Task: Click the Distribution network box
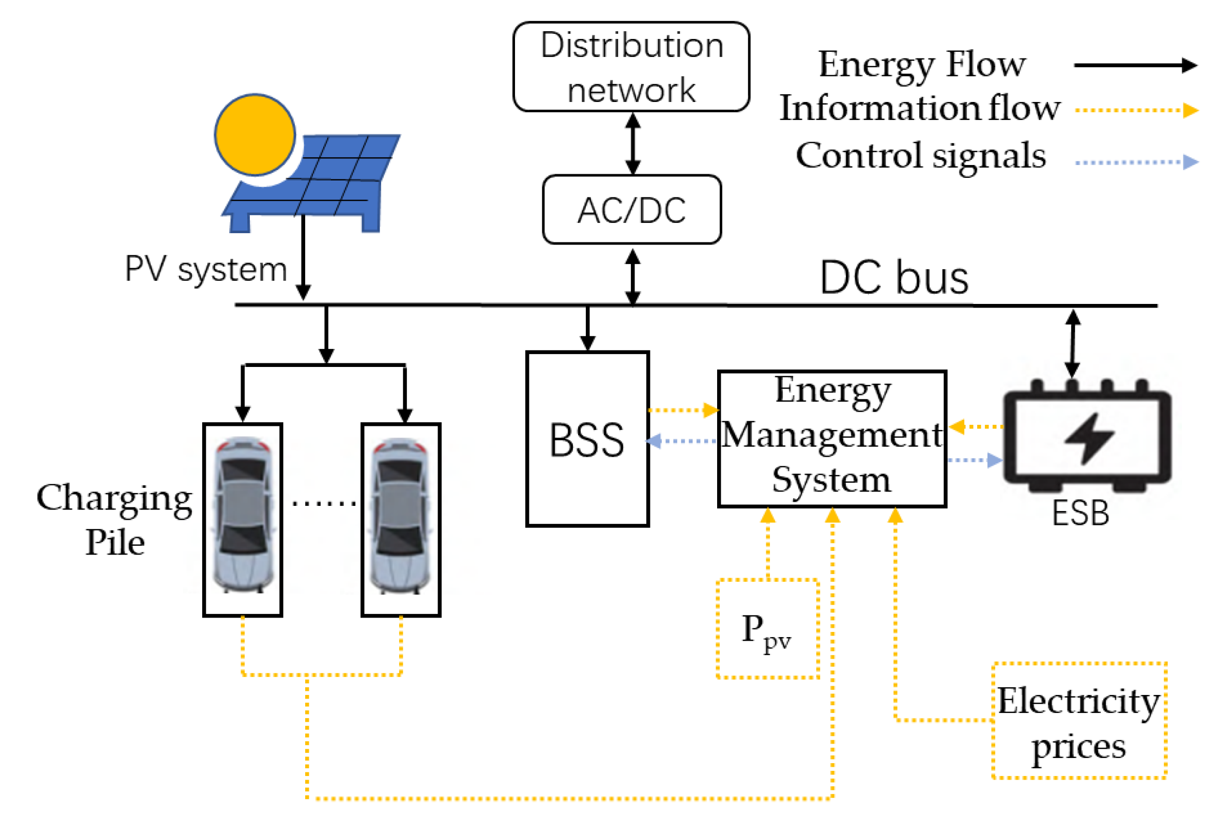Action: click(x=631, y=67)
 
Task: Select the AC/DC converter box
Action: click(x=631, y=210)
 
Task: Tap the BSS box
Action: click(x=587, y=439)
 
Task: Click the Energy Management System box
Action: click(x=832, y=439)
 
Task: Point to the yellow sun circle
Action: click(x=255, y=135)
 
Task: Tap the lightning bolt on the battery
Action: click(x=1089, y=438)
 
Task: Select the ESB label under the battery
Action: click(x=1080, y=513)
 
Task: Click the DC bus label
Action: click(x=894, y=278)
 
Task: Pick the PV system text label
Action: click(x=206, y=269)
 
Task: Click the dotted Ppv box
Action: click(x=767, y=628)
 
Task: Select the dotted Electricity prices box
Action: click(x=1079, y=721)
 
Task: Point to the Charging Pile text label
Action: click(x=114, y=520)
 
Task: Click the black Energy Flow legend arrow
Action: click(x=1135, y=66)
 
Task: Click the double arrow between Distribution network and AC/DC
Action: click(x=632, y=144)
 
